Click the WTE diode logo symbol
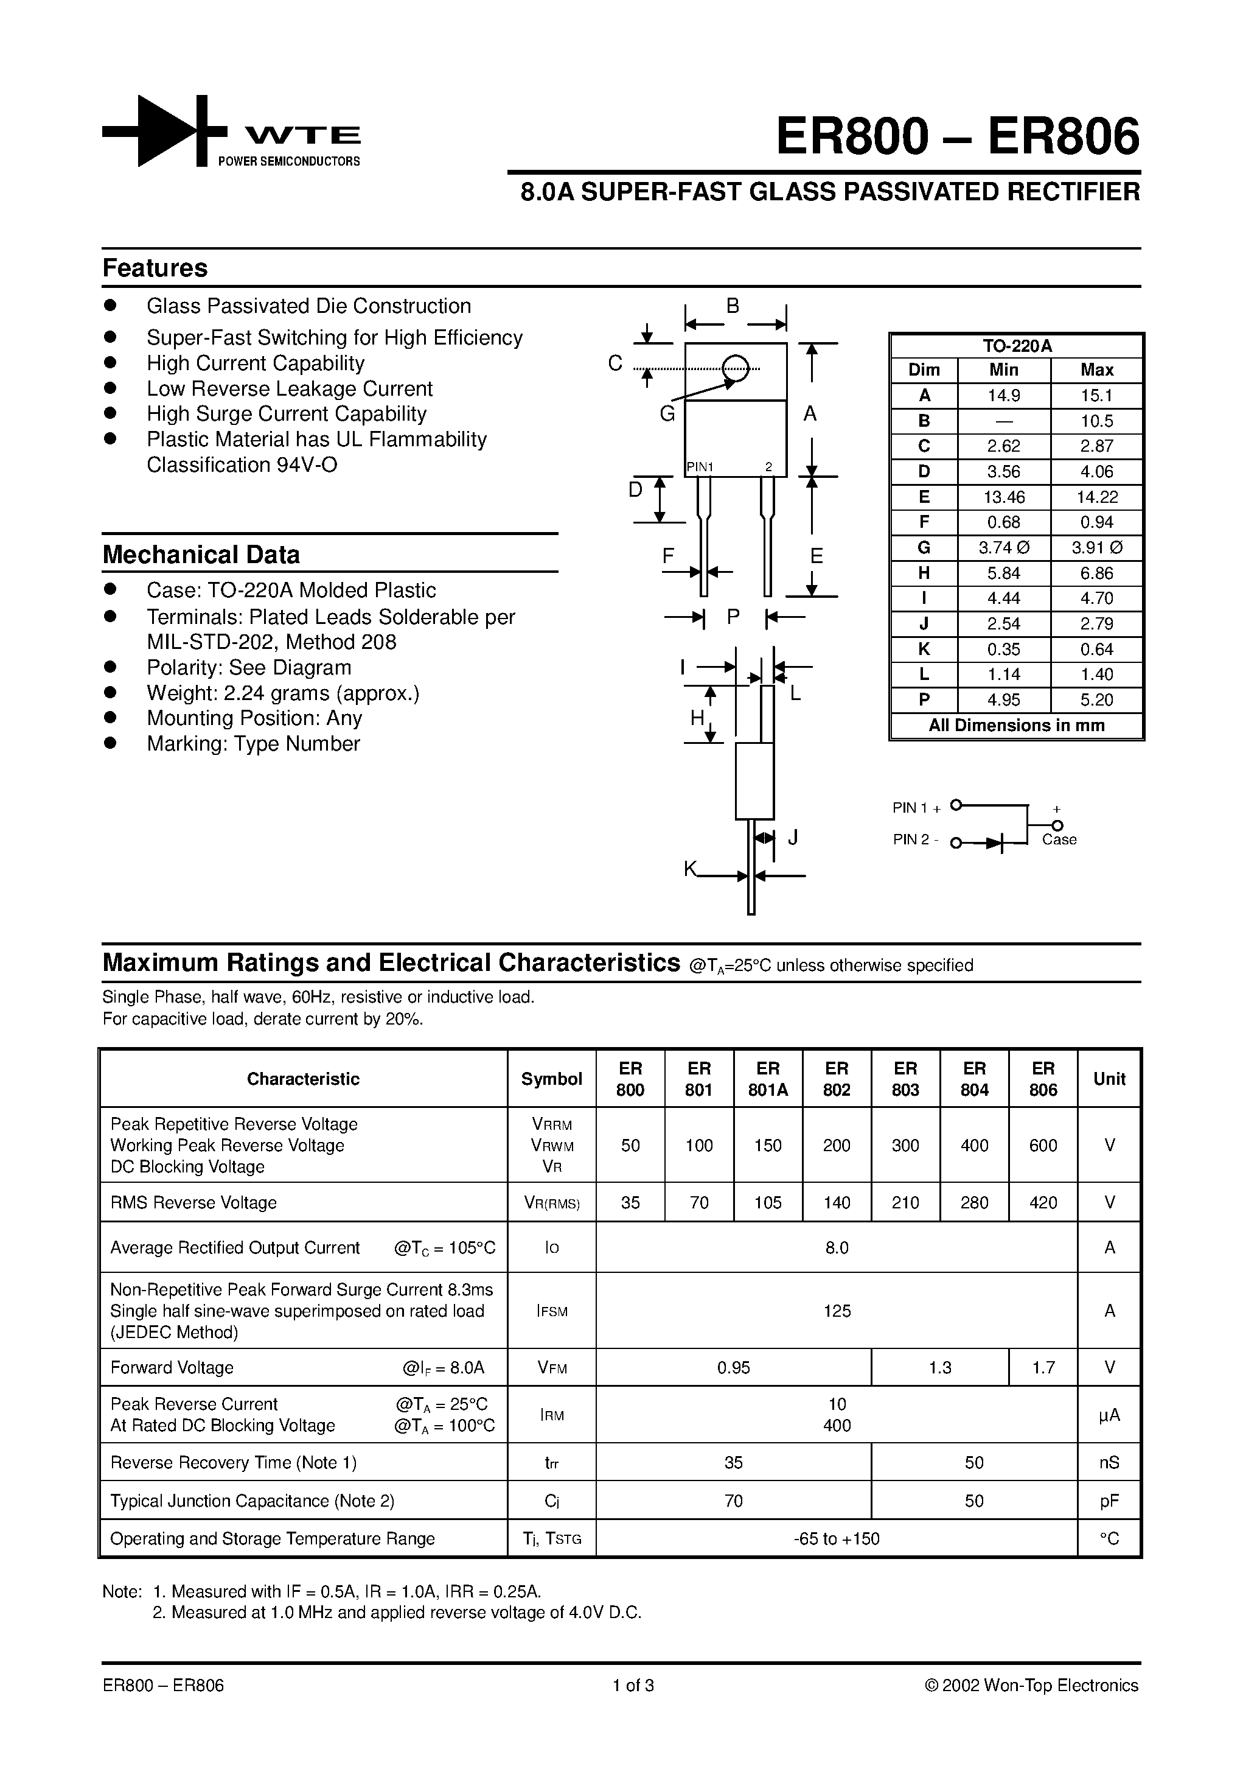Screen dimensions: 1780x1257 164,131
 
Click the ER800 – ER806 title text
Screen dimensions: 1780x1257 958,137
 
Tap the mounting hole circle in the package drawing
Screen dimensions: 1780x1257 735,368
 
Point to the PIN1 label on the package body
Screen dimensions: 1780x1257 700,467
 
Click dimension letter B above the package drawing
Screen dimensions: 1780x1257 733,306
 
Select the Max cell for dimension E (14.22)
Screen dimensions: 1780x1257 1096,497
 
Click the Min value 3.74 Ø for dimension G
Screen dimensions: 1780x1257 1003,548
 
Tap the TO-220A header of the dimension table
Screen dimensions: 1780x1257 1017,346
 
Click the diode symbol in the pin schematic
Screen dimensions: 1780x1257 995,843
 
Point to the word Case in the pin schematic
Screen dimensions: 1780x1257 1059,839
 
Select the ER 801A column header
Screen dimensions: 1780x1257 767,1078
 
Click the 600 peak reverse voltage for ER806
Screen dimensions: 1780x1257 1042,1145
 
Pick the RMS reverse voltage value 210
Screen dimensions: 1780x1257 904,1202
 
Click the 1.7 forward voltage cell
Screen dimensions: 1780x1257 1043,1367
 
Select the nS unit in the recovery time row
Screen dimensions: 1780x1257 1109,1462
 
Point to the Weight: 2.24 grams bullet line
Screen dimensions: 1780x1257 283,693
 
